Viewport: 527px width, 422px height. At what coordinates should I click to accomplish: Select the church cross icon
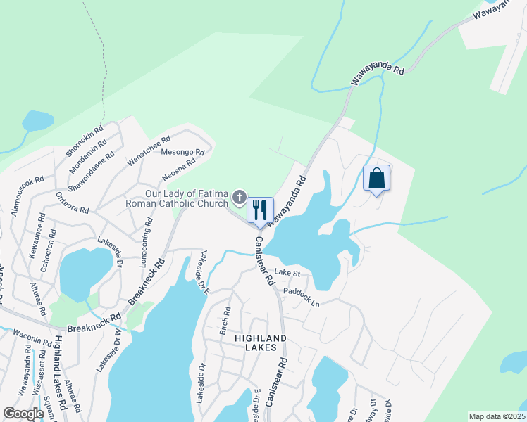pyautogui.click(x=239, y=198)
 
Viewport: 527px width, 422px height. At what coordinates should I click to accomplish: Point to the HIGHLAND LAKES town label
pyautogui.click(x=261, y=345)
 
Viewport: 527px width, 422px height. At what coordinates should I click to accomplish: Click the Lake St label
pyautogui.click(x=287, y=272)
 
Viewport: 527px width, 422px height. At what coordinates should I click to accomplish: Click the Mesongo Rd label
pyautogui.click(x=182, y=151)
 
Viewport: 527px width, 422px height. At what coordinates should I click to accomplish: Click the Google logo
pyautogui.click(x=23, y=414)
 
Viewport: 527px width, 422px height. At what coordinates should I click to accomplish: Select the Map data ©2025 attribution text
pyautogui.click(x=495, y=416)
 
